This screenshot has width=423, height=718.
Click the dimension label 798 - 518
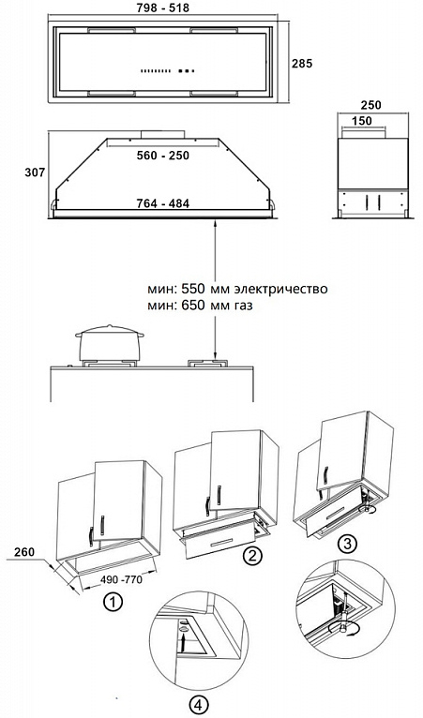coord(162,7)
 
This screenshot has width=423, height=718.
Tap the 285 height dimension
coord(302,63)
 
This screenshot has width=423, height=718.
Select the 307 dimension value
coord(36,172)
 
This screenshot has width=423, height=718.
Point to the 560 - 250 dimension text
coord(162,156)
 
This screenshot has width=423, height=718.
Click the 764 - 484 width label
coord(162,203)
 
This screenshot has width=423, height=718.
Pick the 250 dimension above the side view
coord(370,105)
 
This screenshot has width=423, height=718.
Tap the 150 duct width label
coord(362,121)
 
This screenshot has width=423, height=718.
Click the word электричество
coord(280,290)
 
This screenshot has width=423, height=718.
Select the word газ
coord(243,306)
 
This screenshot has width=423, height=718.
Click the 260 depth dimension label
coord(23,552)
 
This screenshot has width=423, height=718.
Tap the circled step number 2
coord(252,557)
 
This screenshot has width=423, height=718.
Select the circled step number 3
coord(347,544)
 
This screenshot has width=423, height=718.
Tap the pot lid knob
coord(109,326)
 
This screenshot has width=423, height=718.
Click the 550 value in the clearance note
coord(194,290)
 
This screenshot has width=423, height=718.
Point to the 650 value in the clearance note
coord(194,306)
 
